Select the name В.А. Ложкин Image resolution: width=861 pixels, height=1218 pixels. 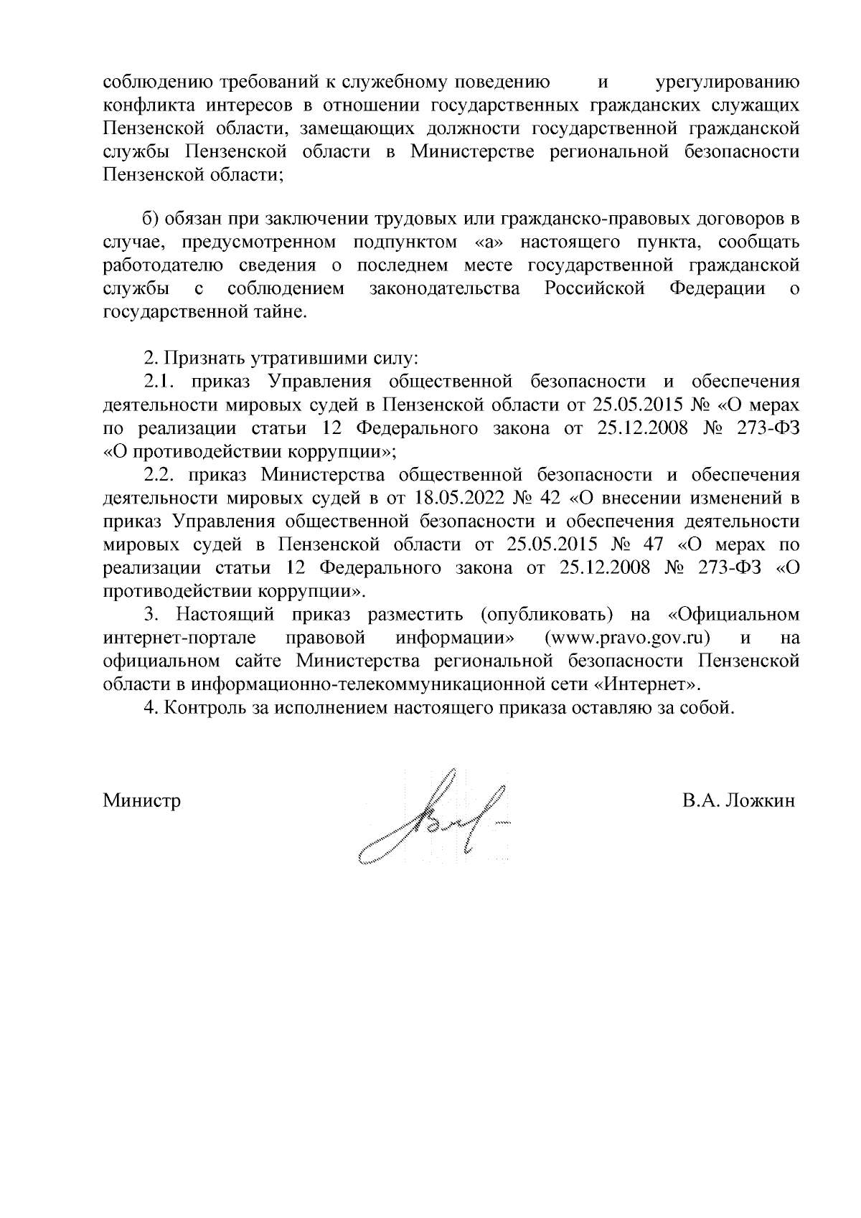pyautogui.click(x=739, y=801)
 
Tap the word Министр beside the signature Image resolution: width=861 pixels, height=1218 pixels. pyautogui.click(x=142, y=801)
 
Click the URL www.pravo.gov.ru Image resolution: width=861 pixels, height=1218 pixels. pyautogui.click(x=628, y=638)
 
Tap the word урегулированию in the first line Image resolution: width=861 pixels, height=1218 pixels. pyautogui.click(x=728, y=81)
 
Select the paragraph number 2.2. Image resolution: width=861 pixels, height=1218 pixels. pyautogui.click(x=158, y=474)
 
